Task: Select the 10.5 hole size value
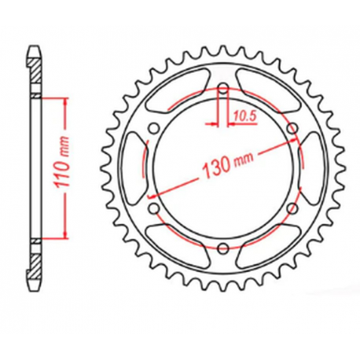pyautogui.click(x=242, y=116)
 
